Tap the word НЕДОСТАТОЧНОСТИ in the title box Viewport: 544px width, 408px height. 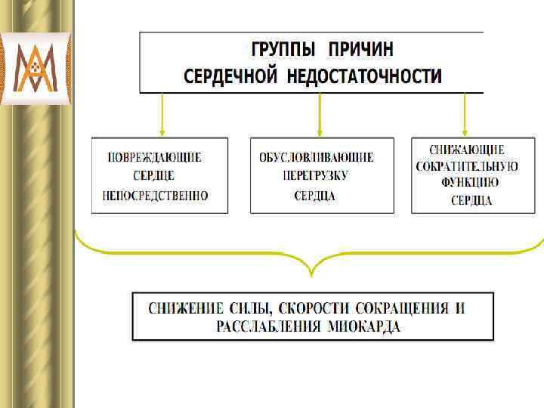(367, 76)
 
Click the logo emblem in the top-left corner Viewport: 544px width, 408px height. (36, 67)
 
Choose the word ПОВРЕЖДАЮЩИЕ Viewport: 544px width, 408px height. (155, 158)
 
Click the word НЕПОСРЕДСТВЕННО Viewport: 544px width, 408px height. (155, 196)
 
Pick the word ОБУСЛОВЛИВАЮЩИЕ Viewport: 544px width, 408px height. (316, 158)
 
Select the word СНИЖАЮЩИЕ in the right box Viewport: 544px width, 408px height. (467, 150)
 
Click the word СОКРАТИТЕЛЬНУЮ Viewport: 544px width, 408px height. (467, 166)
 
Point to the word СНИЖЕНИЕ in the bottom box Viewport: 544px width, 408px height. (186, 308)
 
